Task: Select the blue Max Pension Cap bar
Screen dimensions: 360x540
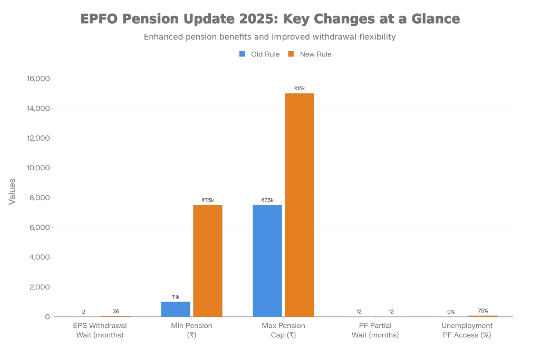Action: click(x=267, y=260)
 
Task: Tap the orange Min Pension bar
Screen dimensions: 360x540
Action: click(x=207, y=260)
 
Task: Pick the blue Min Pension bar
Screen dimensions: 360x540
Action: click(x=176, y=309)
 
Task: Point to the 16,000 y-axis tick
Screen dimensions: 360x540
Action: click(x=38, y=79)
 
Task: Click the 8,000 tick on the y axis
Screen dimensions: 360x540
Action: click(x=39, y=198)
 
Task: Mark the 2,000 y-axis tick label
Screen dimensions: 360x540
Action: click(x=39, y=287)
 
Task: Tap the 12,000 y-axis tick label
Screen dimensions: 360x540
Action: click(x=38, y=138)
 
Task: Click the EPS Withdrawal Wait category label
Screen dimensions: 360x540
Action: click(x=100, y=330)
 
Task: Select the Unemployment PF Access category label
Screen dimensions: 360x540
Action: click(x=467, y=330)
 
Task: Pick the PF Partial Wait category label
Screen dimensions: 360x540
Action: click(x=375, y=330)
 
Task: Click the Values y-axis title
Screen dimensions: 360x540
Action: click(x=12, y=191)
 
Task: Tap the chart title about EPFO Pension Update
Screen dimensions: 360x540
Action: click(x=270, y=19)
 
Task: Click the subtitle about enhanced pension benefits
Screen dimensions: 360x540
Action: click(x=270, y=37)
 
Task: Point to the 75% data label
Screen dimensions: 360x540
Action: click(x=483, y=310)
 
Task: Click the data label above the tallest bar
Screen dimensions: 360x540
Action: click(x=300, y=89)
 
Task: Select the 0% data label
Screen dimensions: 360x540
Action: click(x=451, y=312)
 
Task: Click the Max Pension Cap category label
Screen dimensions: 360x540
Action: click(x=283, y=330)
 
